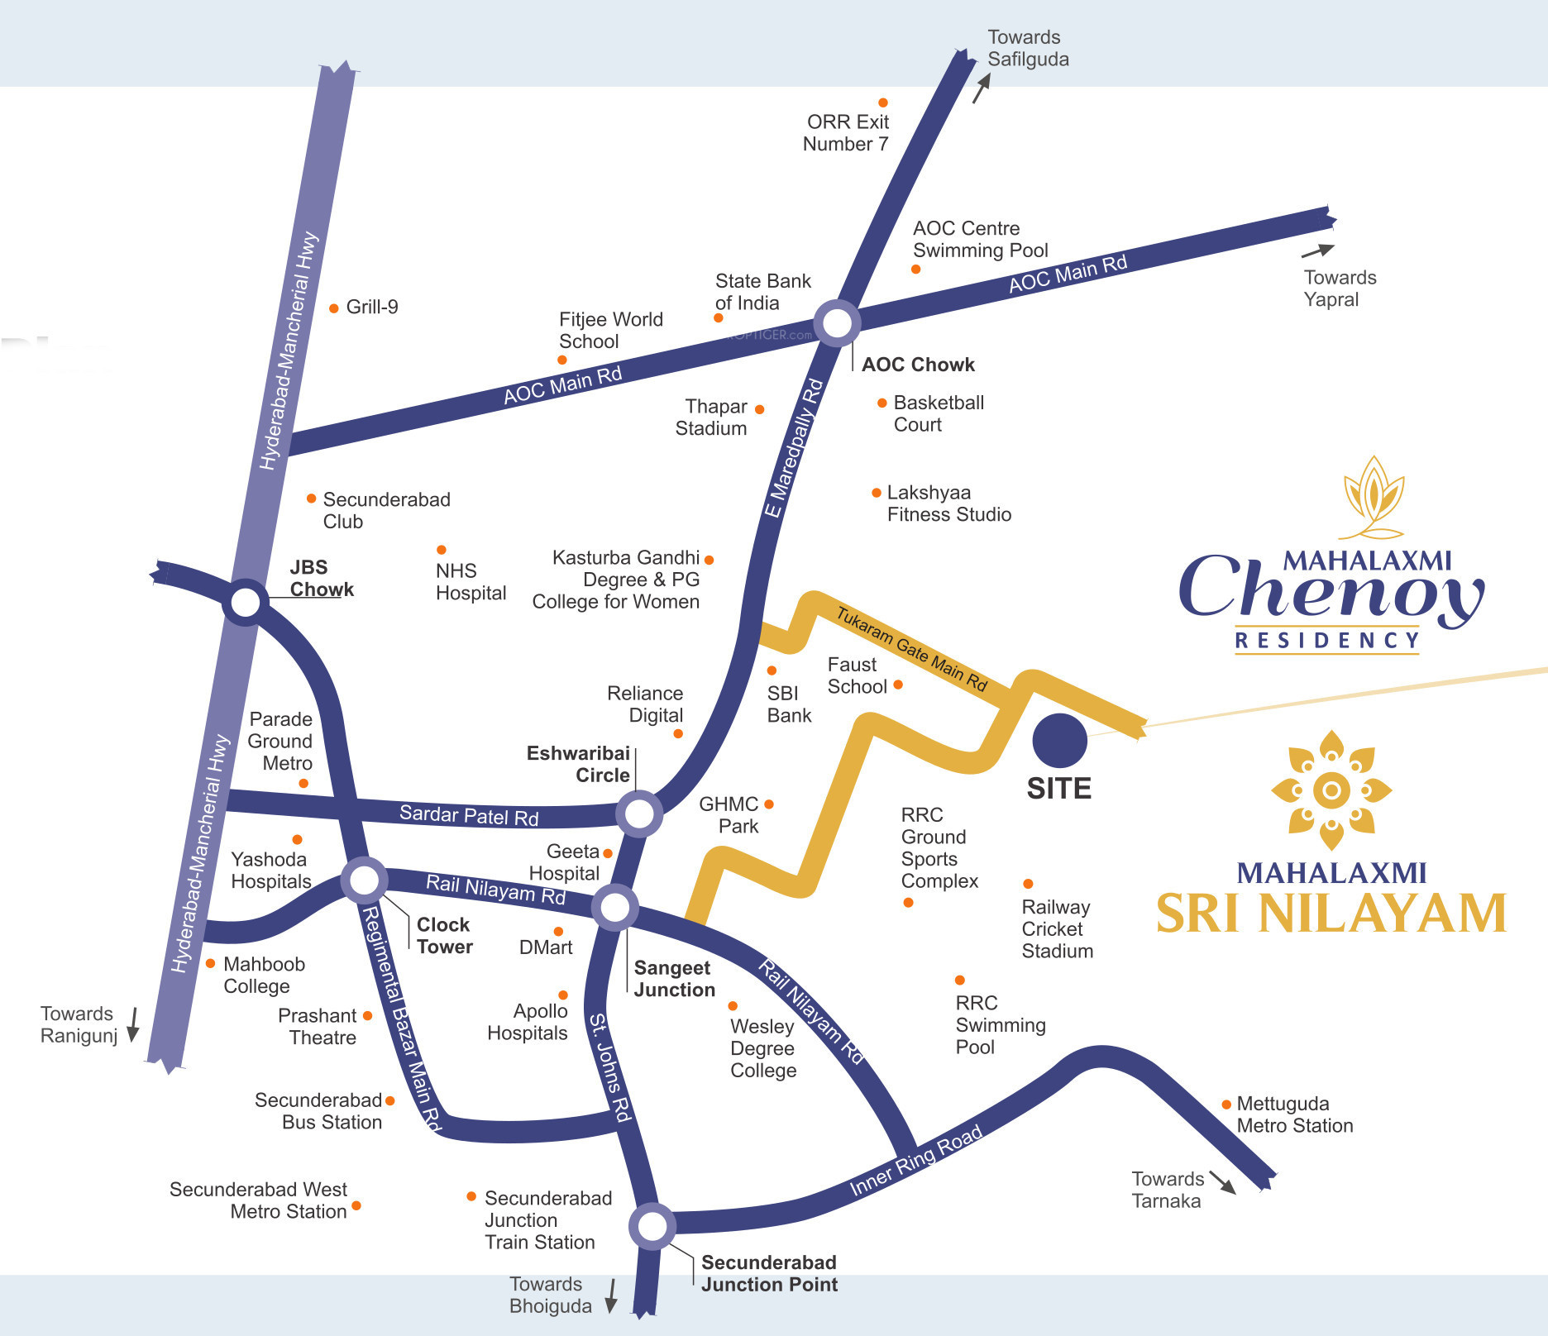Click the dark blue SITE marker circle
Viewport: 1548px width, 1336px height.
(1059, 741)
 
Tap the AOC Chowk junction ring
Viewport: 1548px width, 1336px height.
(837, 323)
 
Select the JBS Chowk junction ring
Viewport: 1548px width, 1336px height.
(246, 602)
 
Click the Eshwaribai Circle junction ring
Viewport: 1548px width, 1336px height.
(639, 814)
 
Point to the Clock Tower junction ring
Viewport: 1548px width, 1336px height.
(364, 880)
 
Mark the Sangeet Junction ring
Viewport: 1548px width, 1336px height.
(615, 908)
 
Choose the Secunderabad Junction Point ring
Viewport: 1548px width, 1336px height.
(652, 1227)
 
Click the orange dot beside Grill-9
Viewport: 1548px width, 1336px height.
(334, 308)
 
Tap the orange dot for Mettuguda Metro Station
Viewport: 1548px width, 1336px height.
(1226, 1105)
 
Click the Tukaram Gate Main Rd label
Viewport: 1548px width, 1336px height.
(911, 649)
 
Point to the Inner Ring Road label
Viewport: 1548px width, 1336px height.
(916, 1160)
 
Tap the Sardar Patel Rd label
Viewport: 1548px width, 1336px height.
(469, 815)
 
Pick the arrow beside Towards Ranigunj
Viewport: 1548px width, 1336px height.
(132, 1025)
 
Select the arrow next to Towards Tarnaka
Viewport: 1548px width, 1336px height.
(1222, 1182)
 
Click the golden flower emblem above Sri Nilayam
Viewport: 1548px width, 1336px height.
(1331, 790)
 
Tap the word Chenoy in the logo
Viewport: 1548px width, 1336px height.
(1331, 589)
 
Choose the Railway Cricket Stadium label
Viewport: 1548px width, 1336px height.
(1057, 929)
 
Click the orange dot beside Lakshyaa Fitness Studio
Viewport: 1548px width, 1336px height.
(877, 493)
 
